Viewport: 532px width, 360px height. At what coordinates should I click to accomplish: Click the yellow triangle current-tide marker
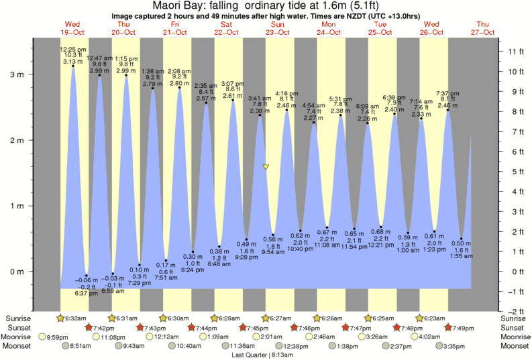tap(266, 167)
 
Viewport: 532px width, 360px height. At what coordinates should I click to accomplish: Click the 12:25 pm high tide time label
tap(72, 50)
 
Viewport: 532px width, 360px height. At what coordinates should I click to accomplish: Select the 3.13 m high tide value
tap(72, 62)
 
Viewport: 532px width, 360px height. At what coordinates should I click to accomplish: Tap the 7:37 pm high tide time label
tap(447, 93)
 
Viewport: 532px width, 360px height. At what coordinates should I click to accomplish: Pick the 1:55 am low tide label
tap(462, 256)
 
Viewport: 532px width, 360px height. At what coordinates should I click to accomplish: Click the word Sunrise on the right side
tap(515, 318)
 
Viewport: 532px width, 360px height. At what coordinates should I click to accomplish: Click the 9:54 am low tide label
tap(273, 252)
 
